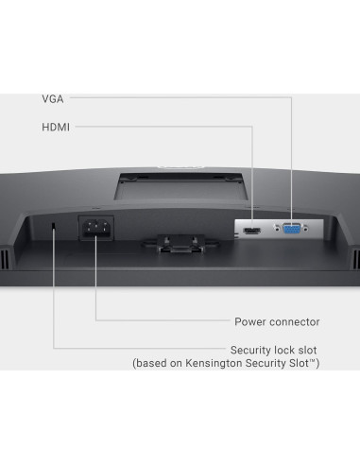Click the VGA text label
pos(53,97)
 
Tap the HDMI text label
pos(55,126)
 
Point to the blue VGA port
pos(290,228)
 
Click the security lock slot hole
pos(53,227)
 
